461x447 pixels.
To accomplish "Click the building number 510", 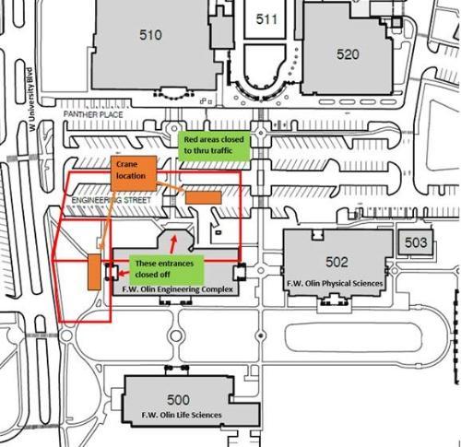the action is [x=150, y=35].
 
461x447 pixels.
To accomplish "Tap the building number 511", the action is [x=266, y=19].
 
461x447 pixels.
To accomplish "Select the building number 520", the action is [x=348, y=54].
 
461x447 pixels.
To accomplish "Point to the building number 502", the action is [x=337, y=262].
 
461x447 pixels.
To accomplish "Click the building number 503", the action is [x=416, y=242].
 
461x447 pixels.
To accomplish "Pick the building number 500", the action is [x=178, y=400].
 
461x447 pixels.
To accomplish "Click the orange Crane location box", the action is [x=134, y=173].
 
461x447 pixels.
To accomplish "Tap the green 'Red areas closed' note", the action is [x=214, y=145].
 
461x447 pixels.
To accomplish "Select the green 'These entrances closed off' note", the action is [x=166, y=269].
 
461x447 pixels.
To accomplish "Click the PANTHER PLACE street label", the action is [x=93, y=114].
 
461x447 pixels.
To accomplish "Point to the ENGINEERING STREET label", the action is [x=112, y=200].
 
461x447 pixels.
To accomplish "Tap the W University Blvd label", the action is [x=31, y=100].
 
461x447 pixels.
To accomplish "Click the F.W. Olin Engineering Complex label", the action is [x=178, y=289].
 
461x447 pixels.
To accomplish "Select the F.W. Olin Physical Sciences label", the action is [x=335, y=283].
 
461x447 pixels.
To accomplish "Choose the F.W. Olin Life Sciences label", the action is [x=182, y=415].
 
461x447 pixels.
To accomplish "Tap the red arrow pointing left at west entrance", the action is [x=124, y=273].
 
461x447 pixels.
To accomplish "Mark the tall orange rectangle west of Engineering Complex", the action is [x=94, y=272].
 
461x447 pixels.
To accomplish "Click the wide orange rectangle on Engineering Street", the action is [x=204, y=197].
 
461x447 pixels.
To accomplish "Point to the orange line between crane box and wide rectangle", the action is [x=171, y=187].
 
